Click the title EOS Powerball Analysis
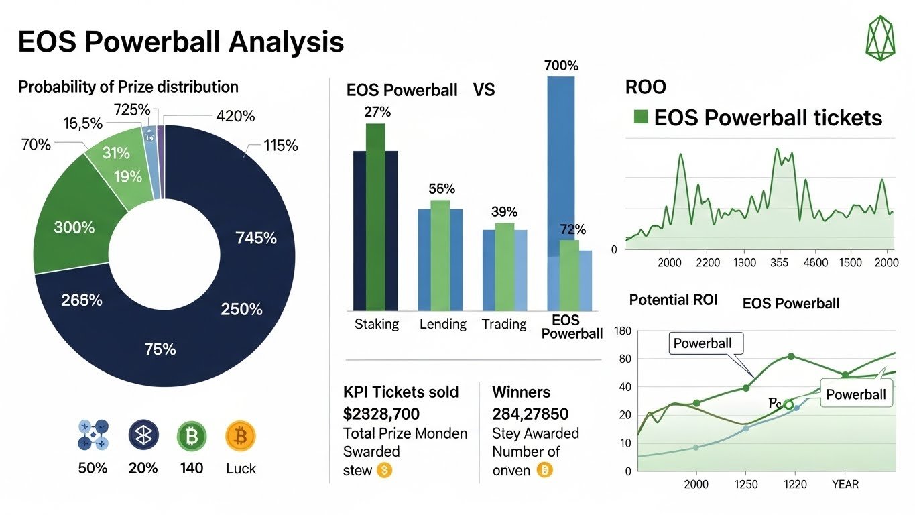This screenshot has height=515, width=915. pyautogui.click(x=180, y=42)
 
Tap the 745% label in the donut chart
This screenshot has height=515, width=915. pyautogui.click(x=256, y=238)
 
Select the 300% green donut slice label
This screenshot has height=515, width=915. pyautogui.click(x=74, y=227)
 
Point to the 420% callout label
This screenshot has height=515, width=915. pyautogui.click(x=235, y=116)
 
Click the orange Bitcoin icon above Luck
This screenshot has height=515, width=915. pyautogui.click(x=241, y=436)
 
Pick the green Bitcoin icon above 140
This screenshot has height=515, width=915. pyautogui.click(x=192, y=436)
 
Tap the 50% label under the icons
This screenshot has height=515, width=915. pyautogui.click(x=93, y=468)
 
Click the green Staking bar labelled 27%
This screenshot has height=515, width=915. pyautogui.click(x=376, y=215)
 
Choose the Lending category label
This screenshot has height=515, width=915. pyautogui.click(x=442, y=324)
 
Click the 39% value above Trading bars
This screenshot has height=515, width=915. pyautogui.click(x=505, y=212)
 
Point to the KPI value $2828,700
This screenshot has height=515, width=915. pyautogui.click(x=381, y=412)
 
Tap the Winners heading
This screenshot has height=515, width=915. pyautogui.click(x=521, y=392)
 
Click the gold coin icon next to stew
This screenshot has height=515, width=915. pyautogui.click(x=384, y=471)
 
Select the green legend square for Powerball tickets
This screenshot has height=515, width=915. pyautogui.click(x=641, y=118)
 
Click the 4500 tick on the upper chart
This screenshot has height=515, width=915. pyautogui.click(x=816, y=262)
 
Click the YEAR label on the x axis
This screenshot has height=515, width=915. pyautogui.click(x=845, y=483)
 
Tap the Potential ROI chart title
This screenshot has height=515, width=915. pyautogui.click(x=673, y=300)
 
